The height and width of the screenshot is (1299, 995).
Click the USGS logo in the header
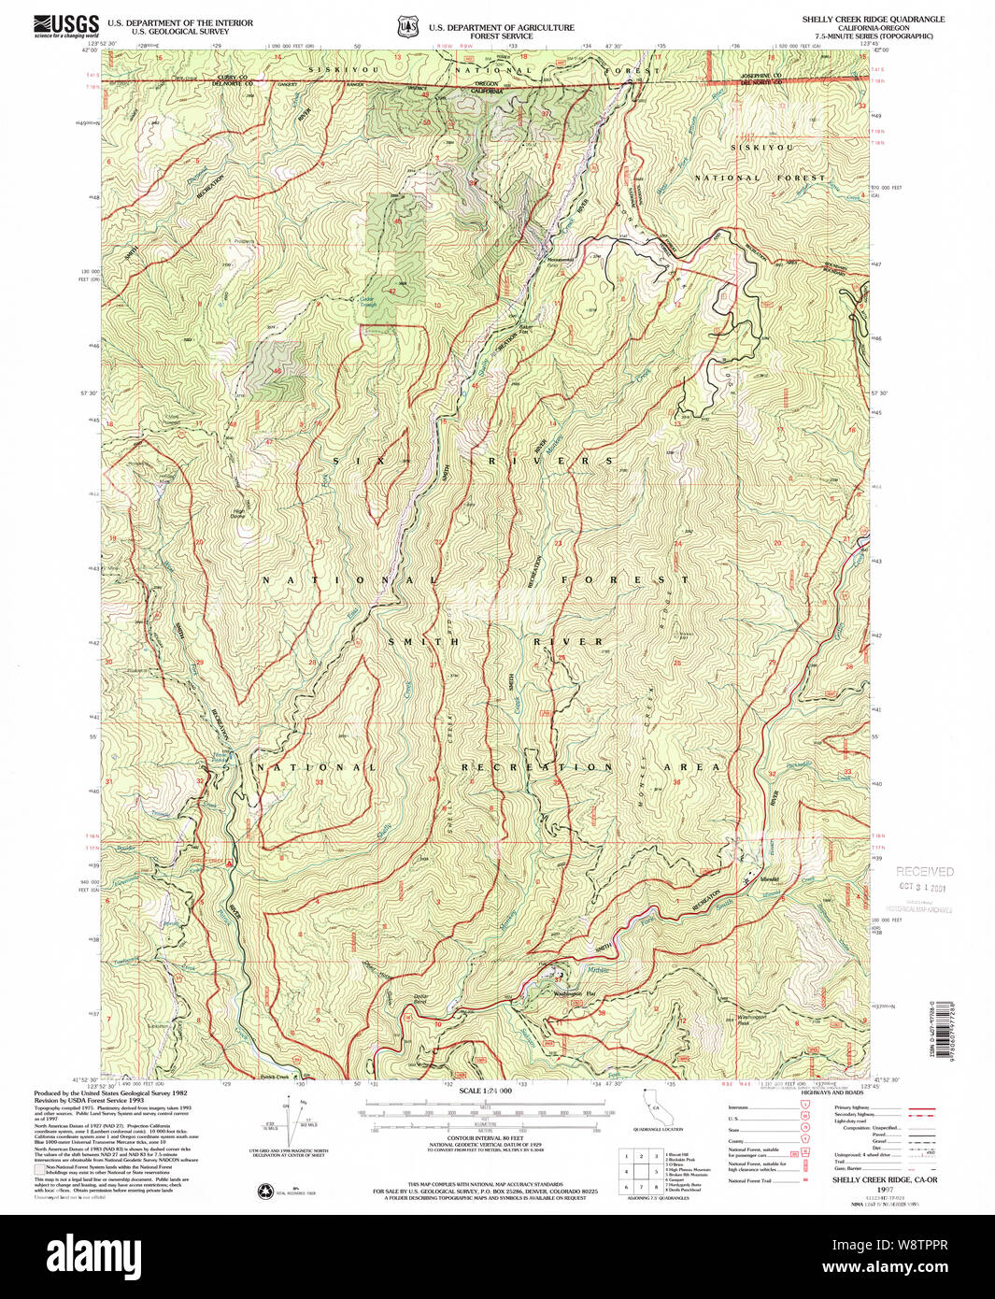tap(66, 24)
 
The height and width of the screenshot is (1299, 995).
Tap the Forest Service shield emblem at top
tap(407, 27)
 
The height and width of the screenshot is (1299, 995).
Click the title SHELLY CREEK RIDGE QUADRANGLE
tap(873, 19)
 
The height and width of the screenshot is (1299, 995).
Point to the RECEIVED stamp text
tap(924, 871)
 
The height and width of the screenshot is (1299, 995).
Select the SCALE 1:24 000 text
tap(486, 1091)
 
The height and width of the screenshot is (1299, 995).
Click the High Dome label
tap(239, 512)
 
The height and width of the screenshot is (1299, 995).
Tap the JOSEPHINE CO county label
tap(764, 76)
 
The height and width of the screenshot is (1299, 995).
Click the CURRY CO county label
tap(231, 77)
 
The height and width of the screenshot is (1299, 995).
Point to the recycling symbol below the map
tap(264, 1191)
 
